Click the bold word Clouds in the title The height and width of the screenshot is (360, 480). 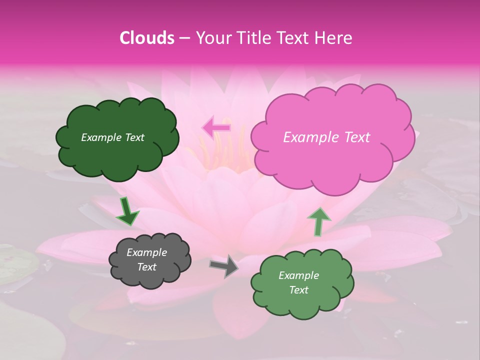(147, 38)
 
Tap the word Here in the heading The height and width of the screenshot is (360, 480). (333, 38)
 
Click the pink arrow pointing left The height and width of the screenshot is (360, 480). (216, 127)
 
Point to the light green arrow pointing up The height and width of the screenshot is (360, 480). (318, 221)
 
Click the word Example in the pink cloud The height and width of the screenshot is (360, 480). (306, 137)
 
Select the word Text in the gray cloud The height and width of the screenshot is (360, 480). (146, 267)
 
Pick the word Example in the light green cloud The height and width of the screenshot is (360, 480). (298, 275)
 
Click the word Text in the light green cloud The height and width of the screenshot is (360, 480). (298, 290)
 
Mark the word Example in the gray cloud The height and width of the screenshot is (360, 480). (146, 252)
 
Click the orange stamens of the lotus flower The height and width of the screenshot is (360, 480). (225, 150)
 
